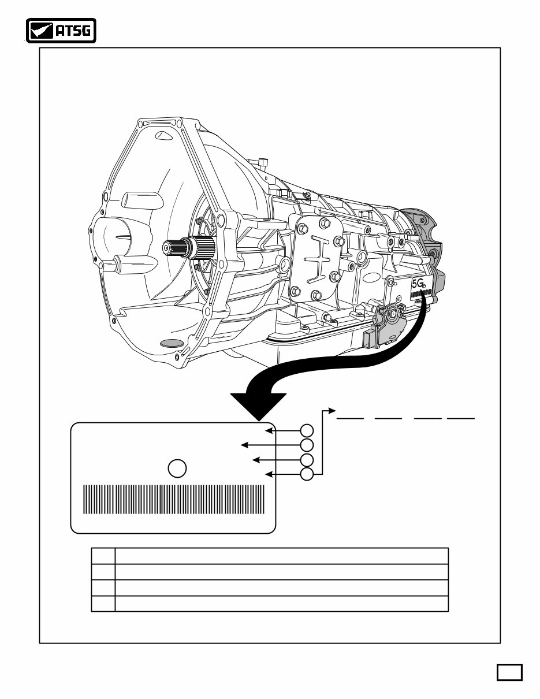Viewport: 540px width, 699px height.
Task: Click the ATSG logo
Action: click(61, 31)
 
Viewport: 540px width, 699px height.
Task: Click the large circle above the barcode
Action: click(178, 469)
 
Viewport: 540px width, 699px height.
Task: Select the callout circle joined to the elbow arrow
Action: click(307, 474)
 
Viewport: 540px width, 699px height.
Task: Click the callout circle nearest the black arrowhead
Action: click(307, 430)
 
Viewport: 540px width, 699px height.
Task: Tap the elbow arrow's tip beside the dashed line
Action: click(332, 411)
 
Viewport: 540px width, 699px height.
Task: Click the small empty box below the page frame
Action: click(509, 672)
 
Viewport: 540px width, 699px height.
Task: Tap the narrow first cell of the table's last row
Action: click(103, 604)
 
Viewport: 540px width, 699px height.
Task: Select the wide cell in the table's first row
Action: click(282, 556)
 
